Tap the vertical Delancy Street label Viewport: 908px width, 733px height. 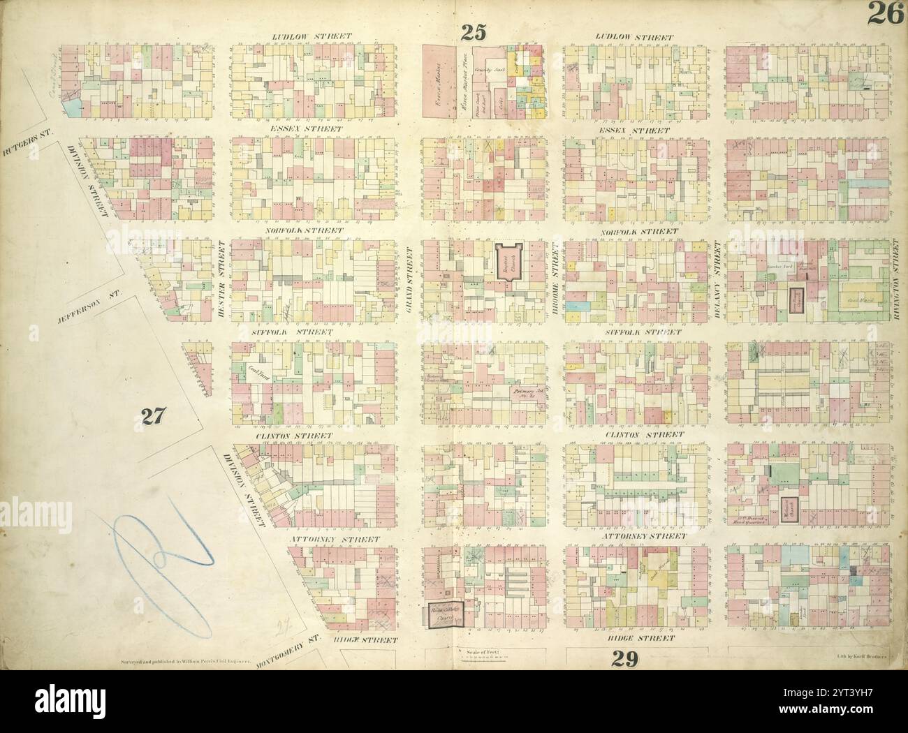(x=717, y=275)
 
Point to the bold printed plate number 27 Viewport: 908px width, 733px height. (x=153, y=416)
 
